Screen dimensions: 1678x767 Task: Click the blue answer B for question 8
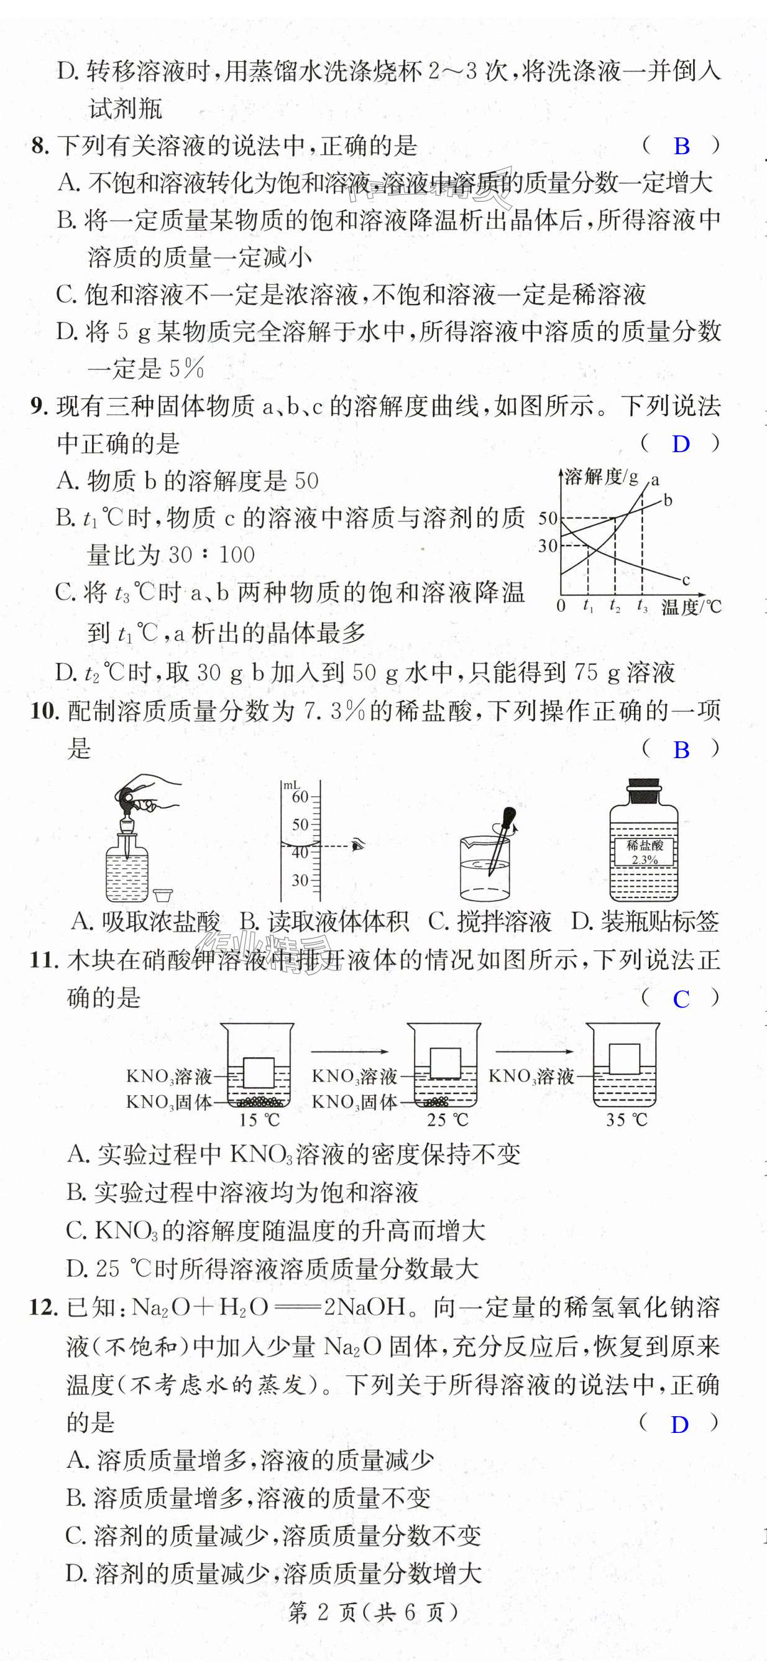(681, 146)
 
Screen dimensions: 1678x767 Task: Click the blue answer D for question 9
(681, 444)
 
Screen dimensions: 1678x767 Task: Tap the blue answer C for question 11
(681, 999)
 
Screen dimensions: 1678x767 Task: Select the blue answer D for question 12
(680, 1425)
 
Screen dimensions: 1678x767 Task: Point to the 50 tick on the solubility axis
(548, 519)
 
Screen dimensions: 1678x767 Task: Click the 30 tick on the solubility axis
(548, 546)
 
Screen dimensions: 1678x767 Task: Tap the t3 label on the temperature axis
(642, 606)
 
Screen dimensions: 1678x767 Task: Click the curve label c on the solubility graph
(686, 579)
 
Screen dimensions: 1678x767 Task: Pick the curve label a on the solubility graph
(655, 480)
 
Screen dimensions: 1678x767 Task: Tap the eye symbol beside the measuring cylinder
(357, 845)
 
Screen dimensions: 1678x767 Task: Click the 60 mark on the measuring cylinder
(300, 796)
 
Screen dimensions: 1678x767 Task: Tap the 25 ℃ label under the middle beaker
(447, 1120)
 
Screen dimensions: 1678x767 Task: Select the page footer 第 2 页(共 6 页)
(373, 1612)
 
